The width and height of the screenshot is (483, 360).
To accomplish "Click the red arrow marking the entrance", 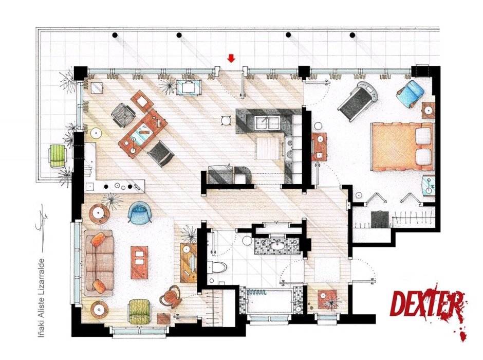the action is point(231,58).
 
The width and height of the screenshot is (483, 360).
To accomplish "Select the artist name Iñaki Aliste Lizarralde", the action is point(41,297).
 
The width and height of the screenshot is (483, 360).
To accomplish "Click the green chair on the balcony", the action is point(58,156).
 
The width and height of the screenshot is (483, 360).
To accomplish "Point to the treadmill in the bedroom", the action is point(358,102).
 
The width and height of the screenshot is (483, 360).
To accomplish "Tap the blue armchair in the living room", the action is point(140,212).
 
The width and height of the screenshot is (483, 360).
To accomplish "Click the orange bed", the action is point(402,147).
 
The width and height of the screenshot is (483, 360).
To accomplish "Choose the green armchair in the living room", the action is point(139,312).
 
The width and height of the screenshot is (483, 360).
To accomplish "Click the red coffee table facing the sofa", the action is point(140,262).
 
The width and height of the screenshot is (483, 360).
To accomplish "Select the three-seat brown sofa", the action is point(99,263).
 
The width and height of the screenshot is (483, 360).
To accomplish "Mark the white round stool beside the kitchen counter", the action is point(227,120).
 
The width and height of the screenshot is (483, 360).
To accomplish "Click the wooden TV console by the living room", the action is point(189,262).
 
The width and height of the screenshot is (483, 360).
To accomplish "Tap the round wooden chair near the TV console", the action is point(171,297).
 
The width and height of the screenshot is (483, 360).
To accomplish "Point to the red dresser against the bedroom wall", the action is point(319,147).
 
